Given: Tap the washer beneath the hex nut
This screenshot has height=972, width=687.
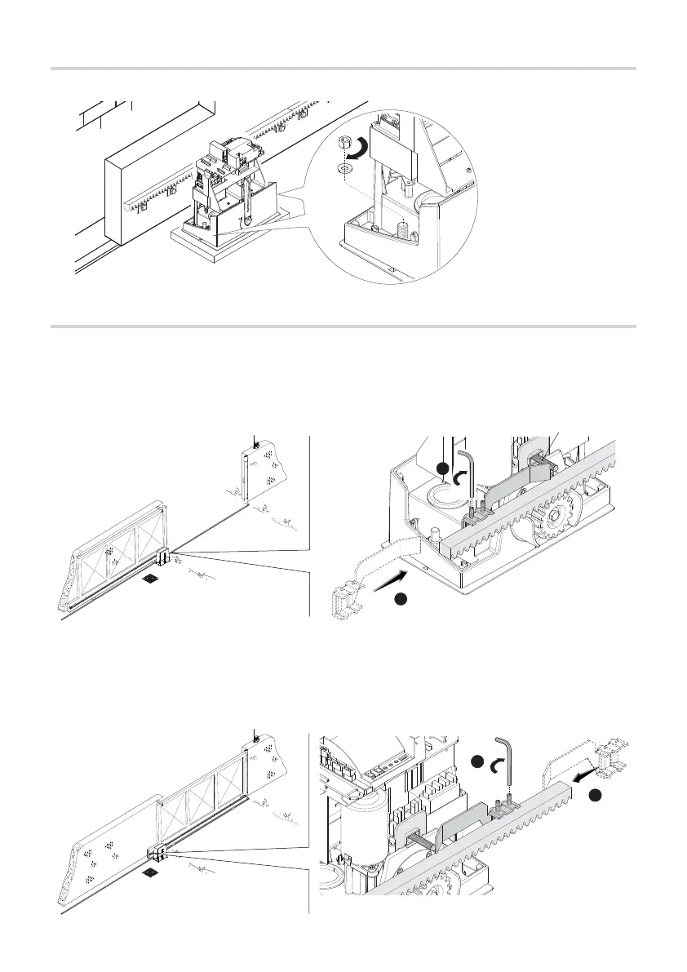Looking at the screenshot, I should (344, 167).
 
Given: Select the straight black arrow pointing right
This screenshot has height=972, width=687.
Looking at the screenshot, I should (389, 581).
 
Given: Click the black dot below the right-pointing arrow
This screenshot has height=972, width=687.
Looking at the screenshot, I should (401, 601).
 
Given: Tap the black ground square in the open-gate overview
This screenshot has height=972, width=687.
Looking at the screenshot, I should (151, 579).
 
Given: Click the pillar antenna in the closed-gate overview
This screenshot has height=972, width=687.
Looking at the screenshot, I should (255, 737).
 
